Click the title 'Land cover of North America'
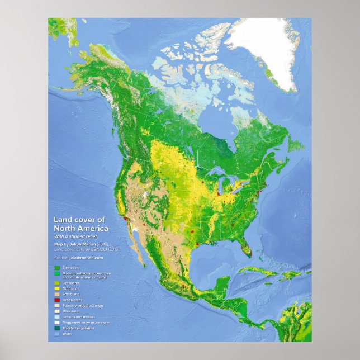pos(81,225)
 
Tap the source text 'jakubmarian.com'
pos(86,258)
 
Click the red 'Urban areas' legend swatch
pos(57,300)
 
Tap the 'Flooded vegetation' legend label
pos(78,328)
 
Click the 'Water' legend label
pos(68,333)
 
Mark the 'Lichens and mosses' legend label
pos(78,316)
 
